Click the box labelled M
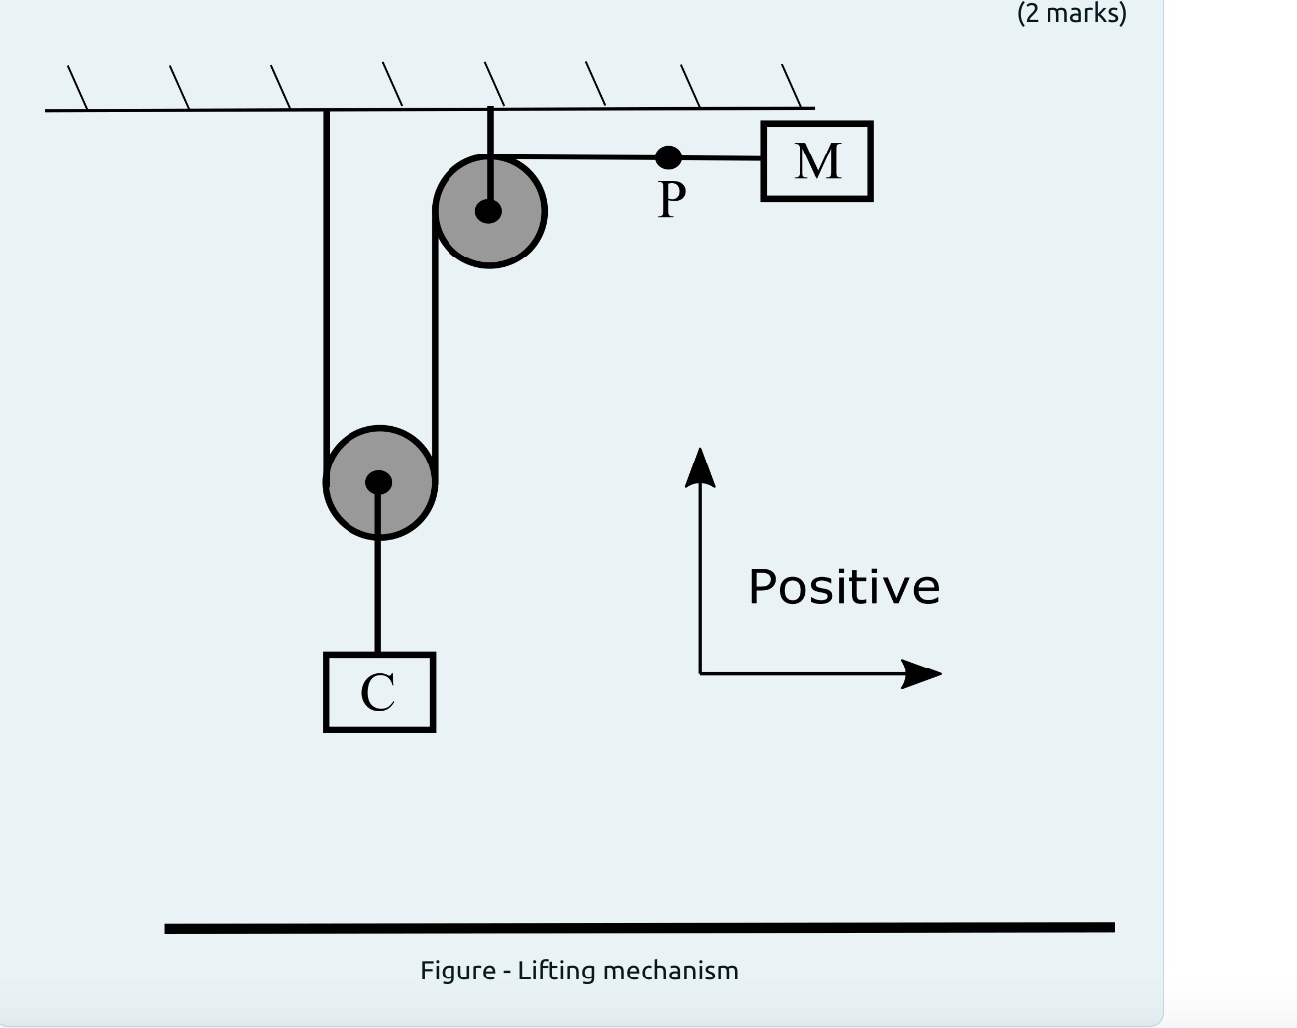pos(817,161)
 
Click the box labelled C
pos(378,692)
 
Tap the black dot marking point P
pos(669,157)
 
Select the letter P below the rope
pos(671,200)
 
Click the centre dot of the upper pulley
pos(488,211)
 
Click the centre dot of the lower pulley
pos(378,482)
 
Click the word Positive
pos(844,587)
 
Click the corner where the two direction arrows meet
pos(700,673)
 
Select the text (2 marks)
pos(1071,14)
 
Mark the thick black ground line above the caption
pos(639,928)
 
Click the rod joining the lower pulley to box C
pos(378,594)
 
